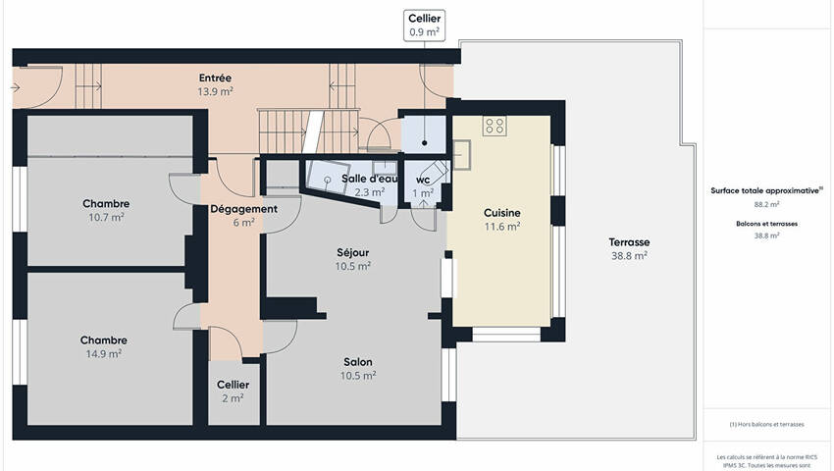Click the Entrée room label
pos(215,78)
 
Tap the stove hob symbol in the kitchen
pos(495,127)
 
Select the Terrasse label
pos(629,242)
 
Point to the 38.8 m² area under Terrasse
pos(629,256)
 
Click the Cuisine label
pos(502,213)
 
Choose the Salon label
pos(358,362)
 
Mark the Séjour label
pos(352,253)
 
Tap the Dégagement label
pos(243,209)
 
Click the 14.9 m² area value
pos(104,354)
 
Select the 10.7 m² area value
pos(106,217)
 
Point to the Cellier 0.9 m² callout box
pos(425,26)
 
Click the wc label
pos(423,180)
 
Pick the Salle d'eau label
pos(369,179)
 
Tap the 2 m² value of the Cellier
pos(233,398)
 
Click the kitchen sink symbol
pos(462,155)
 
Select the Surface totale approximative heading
pos(766,190)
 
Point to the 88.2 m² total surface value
pos(766,204)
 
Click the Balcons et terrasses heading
pos(766,224)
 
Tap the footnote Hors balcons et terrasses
pos(766,424)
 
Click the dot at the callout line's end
pos(425,143)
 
